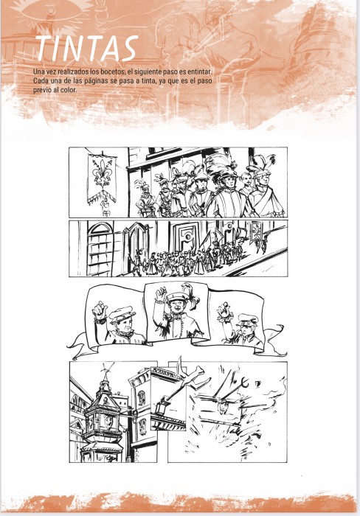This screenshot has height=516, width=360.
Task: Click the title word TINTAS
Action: (x=86, y=49)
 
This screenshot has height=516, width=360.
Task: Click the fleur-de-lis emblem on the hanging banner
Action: (x=102, y=172)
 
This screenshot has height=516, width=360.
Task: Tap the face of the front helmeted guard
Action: (x=228, y=182)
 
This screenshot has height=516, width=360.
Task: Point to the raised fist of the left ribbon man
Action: (x=99, y=310)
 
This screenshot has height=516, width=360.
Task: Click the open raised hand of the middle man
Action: (x=162, y=295)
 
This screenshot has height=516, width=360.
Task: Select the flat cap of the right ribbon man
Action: (x=247, y=319)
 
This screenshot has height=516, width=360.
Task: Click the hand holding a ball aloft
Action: (x=224, y=312)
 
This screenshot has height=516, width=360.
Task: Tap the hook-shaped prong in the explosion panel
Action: (x=243, y=383)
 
